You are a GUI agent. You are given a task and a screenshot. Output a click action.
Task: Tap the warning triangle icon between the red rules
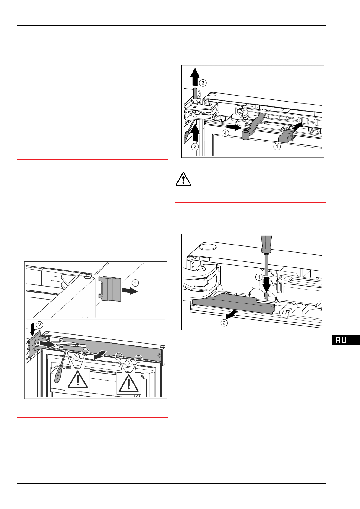point(183,180)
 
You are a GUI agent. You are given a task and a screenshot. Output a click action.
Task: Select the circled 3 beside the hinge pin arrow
point(203,83)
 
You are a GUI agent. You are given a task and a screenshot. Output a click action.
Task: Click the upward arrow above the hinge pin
point(196,76)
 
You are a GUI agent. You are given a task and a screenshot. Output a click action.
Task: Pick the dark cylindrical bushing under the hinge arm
point(245,135)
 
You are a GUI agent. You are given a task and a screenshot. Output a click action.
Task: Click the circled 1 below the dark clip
point(277,147)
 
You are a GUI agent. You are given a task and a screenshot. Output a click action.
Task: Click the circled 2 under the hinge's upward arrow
point(195,147)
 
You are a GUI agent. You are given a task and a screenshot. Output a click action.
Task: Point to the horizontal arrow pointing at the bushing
point(234,125)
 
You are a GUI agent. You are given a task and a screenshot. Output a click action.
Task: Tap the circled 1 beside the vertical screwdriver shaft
point(258,277)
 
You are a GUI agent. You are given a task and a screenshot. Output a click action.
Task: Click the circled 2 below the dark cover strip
point(224,323)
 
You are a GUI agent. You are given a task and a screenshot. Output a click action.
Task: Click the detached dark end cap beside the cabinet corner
point(110,289)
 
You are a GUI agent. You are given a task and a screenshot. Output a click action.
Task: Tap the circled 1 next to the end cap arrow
point(136,283)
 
